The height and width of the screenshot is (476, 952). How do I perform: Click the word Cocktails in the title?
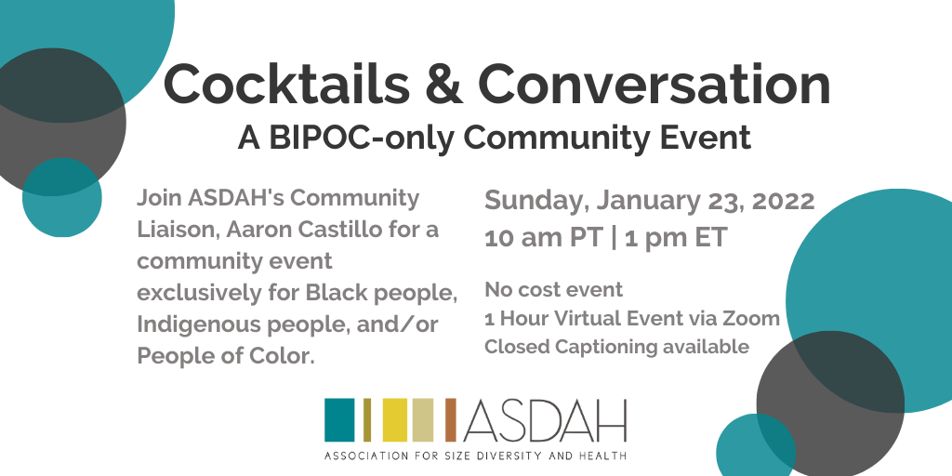(x=286, y=85)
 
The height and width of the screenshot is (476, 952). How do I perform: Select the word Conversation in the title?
(x=654, y=85)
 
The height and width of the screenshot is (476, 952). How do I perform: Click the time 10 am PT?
(x=543, y=238)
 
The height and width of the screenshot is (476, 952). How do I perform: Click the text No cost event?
(x=554, y=290)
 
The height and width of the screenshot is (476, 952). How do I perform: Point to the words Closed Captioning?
(x=571, y=348)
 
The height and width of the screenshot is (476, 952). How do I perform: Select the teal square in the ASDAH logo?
(x=339, y=419)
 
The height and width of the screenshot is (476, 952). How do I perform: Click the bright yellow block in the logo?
(x=394, y=419)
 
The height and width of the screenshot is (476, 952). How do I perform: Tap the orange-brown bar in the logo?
(x=451, y=419)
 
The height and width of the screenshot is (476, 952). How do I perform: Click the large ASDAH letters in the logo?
(x=544, y=420)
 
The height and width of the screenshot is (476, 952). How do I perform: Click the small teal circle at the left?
(x=62, y=197)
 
